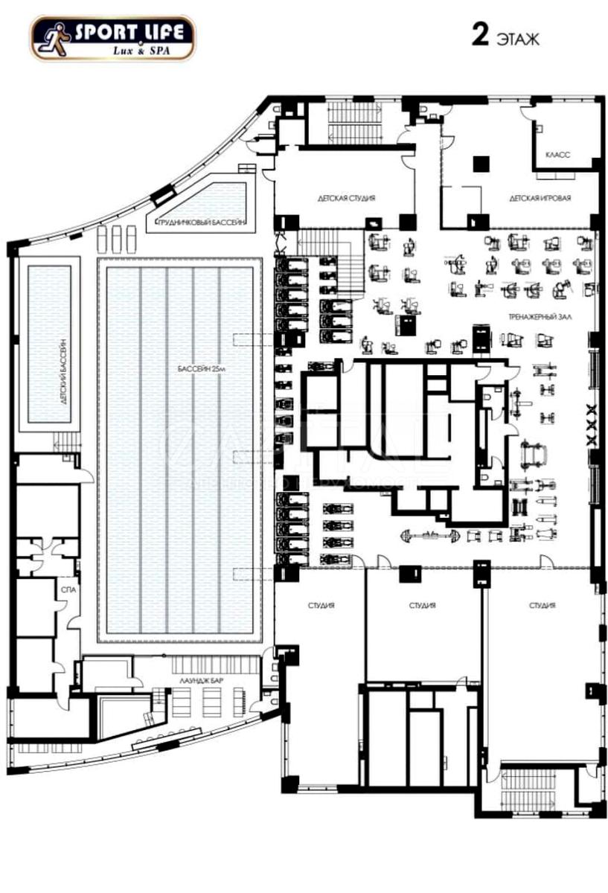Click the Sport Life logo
click(x=112, y=38)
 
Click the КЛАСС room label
click(x=557, y=155)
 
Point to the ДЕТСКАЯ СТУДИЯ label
click(x=346, y=199)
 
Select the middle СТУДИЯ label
click(x=422, y=606)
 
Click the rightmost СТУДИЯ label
click(x=543, y=606)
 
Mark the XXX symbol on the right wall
click(x=592, y=425)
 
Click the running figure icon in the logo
click(x=51, y=38)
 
